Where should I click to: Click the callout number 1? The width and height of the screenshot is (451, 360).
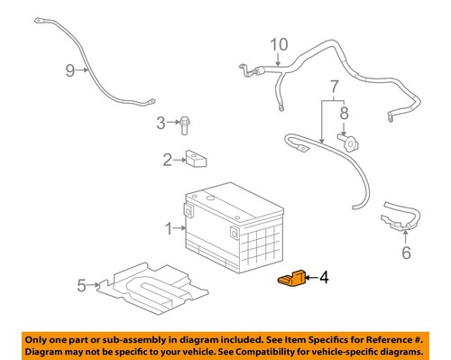(168, 230)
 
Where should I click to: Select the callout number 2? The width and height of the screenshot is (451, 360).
(167, 161)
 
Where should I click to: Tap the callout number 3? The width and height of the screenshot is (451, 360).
(161, 122)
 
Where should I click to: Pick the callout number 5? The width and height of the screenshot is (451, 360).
(81, 286)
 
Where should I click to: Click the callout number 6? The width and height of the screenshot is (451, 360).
(405, 254)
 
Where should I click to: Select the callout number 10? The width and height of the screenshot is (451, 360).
(279, 43)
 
